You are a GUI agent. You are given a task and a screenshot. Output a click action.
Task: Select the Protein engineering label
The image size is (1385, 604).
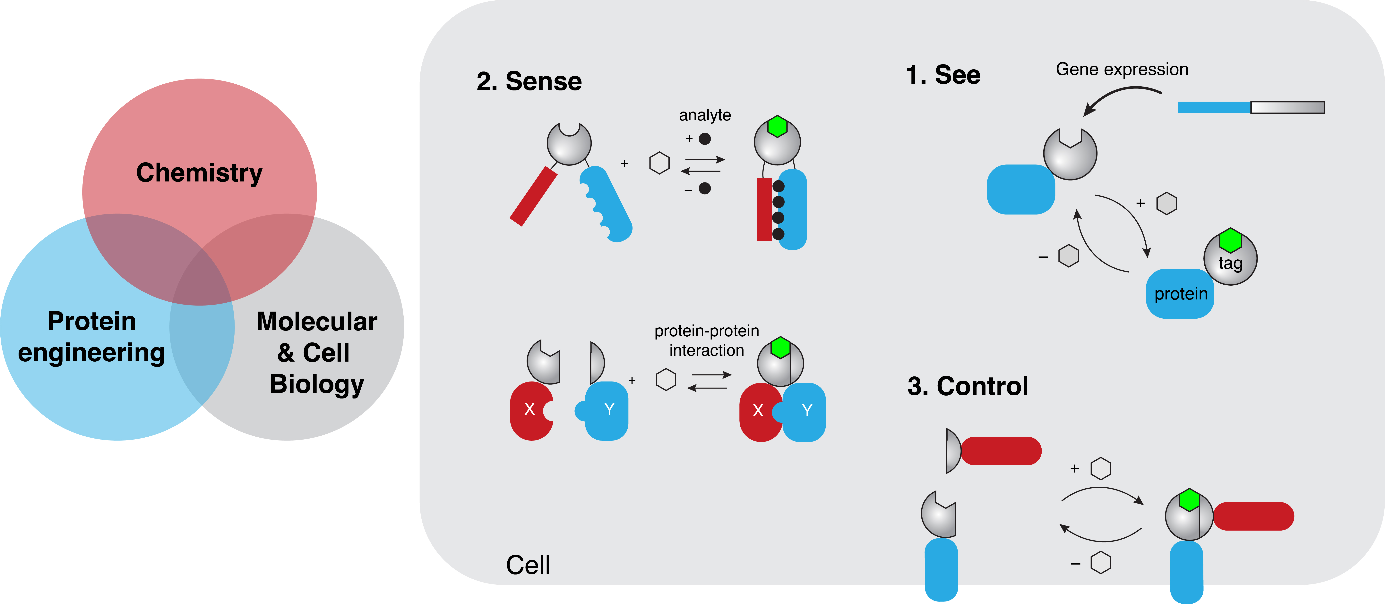tap(91, 337)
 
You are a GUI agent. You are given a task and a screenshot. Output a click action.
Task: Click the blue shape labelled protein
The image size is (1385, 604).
tap(1180, 294)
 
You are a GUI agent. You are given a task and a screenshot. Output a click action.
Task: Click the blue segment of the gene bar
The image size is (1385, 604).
tap(1214, 107)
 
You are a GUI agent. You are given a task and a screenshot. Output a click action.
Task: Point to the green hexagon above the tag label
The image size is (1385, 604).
tap(1230, 240)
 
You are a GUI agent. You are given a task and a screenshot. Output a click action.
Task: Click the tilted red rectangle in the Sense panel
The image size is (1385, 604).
tap(533, 196)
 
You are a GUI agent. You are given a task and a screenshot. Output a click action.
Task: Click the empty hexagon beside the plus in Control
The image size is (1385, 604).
tap(1101, 469)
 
